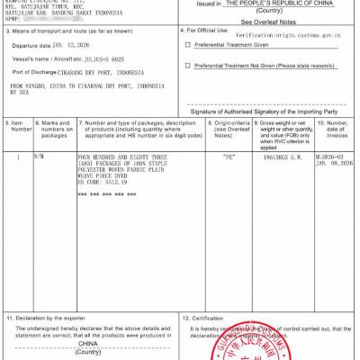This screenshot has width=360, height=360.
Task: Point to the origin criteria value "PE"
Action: (x=228, y=156)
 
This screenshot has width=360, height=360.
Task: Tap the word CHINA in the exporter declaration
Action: (x=87, y=343)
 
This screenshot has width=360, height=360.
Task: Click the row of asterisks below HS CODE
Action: (x=106, y=193)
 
